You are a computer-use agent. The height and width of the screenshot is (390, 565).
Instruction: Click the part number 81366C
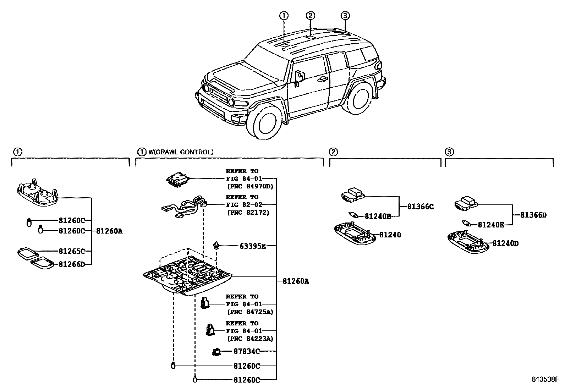(421, 207)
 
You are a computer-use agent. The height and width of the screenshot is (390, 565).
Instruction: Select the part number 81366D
(533, 215)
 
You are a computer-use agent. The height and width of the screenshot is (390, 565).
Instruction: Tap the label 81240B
(378, 216)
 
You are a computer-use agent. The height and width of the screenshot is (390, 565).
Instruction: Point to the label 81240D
(505, 243)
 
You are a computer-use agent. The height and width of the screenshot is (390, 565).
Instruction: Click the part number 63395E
(250, 246)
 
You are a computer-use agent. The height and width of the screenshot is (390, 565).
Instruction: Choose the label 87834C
(247, 351)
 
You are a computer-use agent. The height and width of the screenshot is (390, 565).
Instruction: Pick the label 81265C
(72, 251)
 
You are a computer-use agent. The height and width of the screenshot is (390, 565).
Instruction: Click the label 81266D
(72, 264)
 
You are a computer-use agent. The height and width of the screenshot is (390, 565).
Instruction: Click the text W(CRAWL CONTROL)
(181, 152)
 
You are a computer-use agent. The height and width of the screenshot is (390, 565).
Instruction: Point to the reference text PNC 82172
(248, 213)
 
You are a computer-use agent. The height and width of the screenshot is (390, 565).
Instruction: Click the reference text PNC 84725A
(250, 312)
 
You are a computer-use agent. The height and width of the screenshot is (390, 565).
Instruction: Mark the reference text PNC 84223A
(250, 339)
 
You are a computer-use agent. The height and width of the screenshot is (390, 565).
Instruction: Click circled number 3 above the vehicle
(345, 16)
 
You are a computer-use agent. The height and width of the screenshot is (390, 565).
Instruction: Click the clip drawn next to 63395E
(216, 245)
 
